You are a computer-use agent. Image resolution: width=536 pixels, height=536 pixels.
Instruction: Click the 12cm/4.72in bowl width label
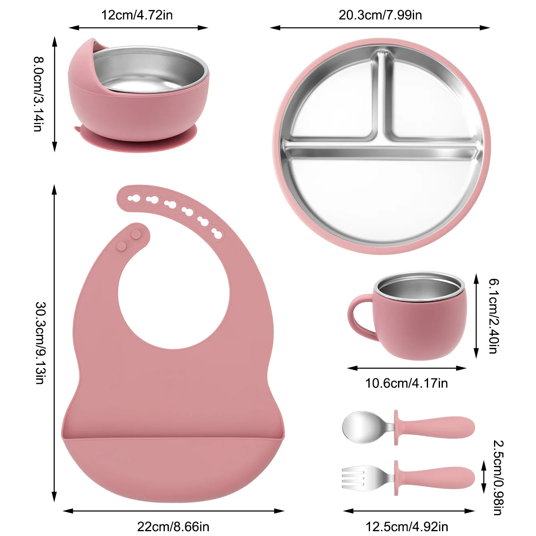point(137,15)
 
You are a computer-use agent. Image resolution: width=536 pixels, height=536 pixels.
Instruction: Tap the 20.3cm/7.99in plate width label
point(380,15)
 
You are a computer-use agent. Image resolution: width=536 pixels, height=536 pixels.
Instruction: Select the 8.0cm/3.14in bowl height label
point(38,94)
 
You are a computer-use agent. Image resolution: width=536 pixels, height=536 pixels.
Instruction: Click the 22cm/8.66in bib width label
point(173,526)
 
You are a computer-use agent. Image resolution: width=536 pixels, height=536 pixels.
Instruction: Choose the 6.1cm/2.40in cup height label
point(493,316)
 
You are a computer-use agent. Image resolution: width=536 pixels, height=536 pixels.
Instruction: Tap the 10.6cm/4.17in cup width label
point(406,383)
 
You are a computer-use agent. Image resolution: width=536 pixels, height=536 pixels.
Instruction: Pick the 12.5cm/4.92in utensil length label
point(406,526)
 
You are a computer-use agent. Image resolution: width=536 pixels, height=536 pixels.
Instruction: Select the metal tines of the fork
point(354,478)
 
